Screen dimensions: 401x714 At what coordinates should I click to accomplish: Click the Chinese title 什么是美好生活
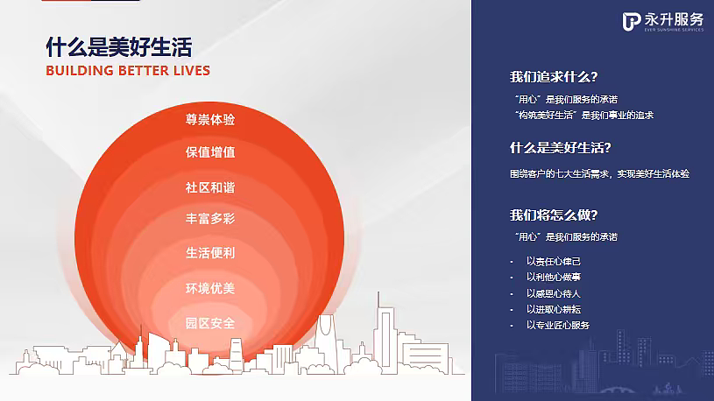(118, 46)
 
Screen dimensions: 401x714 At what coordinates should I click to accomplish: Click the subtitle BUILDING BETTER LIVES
(128, 70)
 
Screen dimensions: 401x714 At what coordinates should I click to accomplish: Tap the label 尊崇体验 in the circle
(210, 118)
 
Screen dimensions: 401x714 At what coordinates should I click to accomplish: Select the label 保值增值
(210, 152)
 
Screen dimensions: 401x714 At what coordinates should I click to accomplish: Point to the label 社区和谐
(210, 187)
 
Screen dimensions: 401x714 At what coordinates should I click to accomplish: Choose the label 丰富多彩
(210, 219)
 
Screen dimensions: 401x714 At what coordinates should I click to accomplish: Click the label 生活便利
(210, 253)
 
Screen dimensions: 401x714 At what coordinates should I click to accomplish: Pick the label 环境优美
(210, 288)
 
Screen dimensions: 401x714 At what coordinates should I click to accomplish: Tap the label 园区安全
(210, 323)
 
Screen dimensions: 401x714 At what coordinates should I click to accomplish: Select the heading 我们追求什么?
(554, 76)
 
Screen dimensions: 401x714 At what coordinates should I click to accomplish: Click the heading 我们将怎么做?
(554, 215)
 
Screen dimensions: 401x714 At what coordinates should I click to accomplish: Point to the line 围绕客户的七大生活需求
(599, 173)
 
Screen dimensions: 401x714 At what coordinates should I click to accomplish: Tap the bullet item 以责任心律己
(554, 261)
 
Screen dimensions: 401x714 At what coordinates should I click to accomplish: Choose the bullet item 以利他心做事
(554, 277)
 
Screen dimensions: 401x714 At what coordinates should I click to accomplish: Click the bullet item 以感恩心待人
(554, 293)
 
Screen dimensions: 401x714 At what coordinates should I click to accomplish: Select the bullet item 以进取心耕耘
(554, 309)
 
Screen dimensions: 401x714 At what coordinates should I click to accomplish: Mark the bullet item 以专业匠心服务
(558, 325)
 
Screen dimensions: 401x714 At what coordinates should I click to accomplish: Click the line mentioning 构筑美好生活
(583, 115)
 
